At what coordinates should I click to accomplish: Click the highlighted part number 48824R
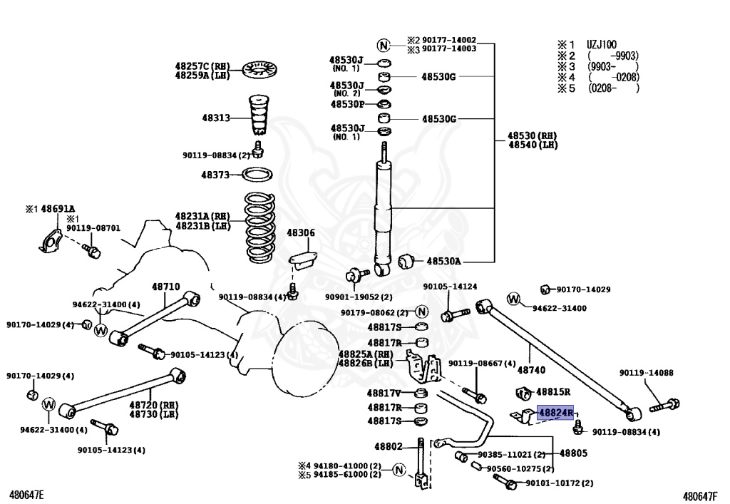[x=555, y=413]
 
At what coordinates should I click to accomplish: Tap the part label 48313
[x=215, y=118]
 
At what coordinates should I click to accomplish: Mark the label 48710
[x=165, y=287]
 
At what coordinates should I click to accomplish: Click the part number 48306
[x=300, y=232]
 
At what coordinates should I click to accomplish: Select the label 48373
[x=215, y=174]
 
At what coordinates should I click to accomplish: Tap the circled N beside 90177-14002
[x=384, y=45]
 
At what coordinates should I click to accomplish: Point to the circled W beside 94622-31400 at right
[x=514, y=299]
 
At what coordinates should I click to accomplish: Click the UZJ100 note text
[x=602, y=44]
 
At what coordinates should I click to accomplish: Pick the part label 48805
[x=573, y=453]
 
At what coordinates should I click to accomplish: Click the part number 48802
[x=389, y=447]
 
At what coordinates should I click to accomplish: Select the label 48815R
[x=553, y=391]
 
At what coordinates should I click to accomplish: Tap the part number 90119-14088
[x=646, y=373]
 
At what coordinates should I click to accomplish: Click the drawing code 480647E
[x=26, y=494]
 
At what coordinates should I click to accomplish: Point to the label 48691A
[x=57, y=209]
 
